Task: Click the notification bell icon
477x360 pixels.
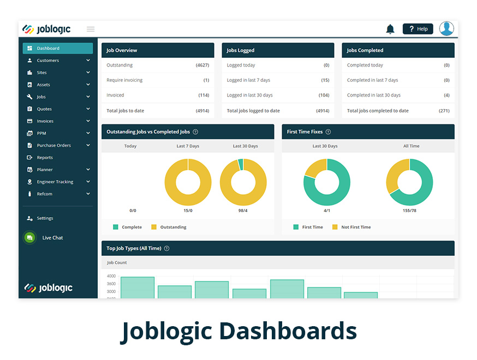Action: [x=390, y=29]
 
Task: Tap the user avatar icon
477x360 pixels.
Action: [x=446, y=29]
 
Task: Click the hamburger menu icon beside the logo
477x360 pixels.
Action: [x=91, y=29]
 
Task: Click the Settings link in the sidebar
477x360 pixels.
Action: [x=45, y=218]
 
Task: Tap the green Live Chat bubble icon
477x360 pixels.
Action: [x=29, y=238]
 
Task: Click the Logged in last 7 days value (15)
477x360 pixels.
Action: [x=325, y=80]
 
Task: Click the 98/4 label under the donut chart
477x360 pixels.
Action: [x=243, y=211]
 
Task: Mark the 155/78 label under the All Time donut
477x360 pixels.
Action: [x=409, y=211]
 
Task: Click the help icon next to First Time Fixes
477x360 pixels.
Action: [x=328, y=132]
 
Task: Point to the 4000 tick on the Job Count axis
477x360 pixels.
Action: [x=111, y=277]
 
